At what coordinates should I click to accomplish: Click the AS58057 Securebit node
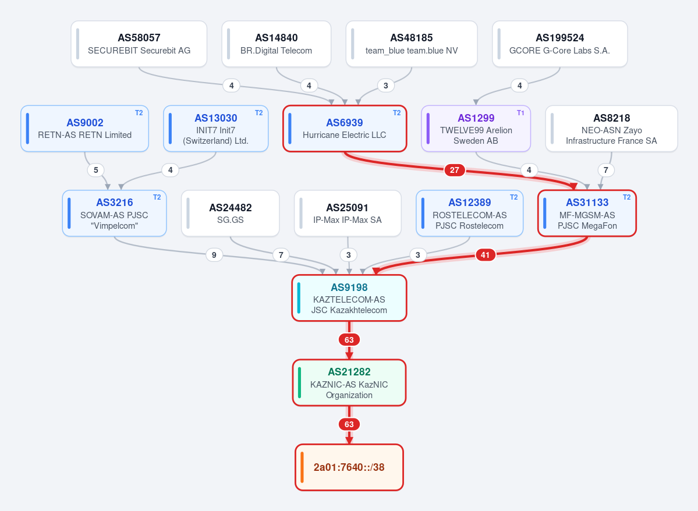pyautogui.click(x=139, y=44)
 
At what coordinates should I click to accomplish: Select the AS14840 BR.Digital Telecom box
pyautogui.click(x=277, y=44)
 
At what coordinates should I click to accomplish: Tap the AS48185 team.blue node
pyautogui.click(x=412, y=44)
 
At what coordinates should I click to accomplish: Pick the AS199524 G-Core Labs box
pyautogui.click(x=560, y=44)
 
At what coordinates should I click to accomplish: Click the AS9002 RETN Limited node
pyautogui.click(x=84, y=129)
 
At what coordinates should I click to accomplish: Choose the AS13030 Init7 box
pyautogui.click(x=216, y=129)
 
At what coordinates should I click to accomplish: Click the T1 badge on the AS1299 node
pyautogui.click(x=520, y=113)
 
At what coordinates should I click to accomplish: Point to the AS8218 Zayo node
pyautogui.click(x=612, y=129)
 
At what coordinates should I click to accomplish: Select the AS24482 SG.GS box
pyautogui.click(x=231, y=213)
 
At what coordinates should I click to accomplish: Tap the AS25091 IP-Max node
pyautogui.click(x=348, y=213)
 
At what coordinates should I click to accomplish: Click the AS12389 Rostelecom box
pyautogui.click(x=470, y=213)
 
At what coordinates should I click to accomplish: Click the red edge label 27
pyautogui.click(x=455, y=170)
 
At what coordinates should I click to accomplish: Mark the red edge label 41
pyautogui.click(x=485, y=255)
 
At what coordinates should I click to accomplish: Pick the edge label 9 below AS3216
pyautogui.click(x=214, y=255)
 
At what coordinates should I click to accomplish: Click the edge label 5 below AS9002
pyautogui.click(x=95, y=170)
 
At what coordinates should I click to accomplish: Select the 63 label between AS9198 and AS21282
pyautogui.click(x=349, y=340)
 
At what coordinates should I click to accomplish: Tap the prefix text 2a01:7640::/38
pyautogui.click(x=349, y=467)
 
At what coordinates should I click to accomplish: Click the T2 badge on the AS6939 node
pyautogui.click(x=396, y=113)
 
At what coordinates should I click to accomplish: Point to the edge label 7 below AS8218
pyautogui.click(x=606, y=170)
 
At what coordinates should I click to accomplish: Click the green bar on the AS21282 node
pyautogui.click(x=299, y=383)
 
